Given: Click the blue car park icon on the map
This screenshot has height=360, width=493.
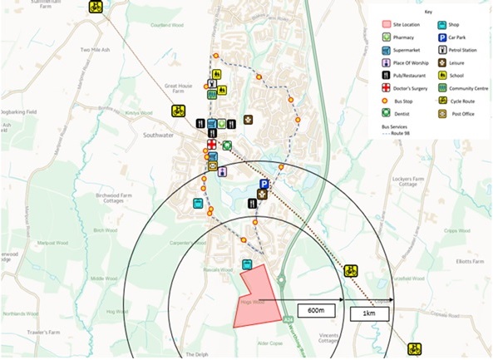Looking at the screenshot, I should coord(264,185).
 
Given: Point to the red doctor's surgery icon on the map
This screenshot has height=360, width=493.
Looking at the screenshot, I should coord(211,145).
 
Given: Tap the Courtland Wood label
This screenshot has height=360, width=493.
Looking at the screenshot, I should coord(166,24).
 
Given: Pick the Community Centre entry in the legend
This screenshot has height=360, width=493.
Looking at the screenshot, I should coord(466,87).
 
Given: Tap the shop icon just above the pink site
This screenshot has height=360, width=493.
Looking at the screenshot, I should coord(247,264).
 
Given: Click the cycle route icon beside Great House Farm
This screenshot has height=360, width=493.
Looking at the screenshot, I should coord(178,111).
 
